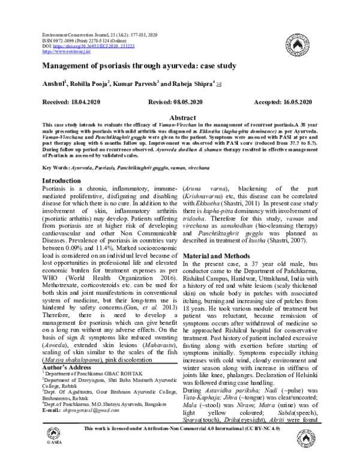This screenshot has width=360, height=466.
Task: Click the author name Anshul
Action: (x=52, y=84)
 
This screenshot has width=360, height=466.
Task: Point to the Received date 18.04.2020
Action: (x=67, y=103)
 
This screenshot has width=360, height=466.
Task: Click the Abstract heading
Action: (x=180, y=118)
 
